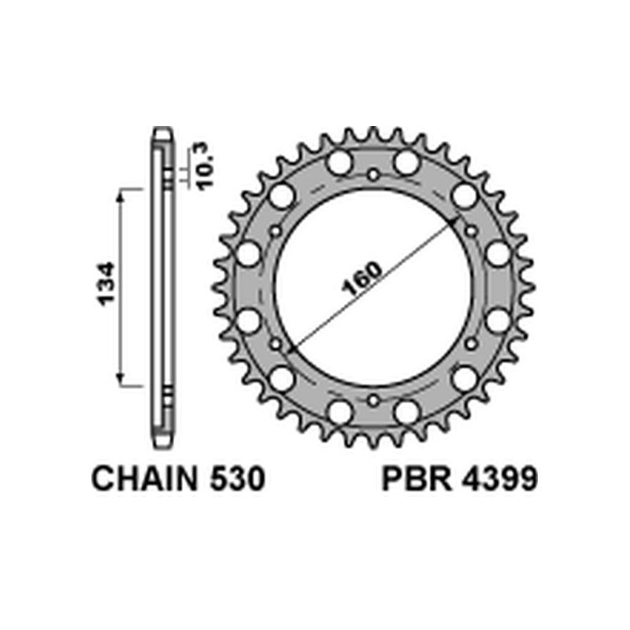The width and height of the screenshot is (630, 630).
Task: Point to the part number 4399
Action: coord(502,478)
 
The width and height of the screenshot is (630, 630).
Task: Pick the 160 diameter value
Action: coord(363,276)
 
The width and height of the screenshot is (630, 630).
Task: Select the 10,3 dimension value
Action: coord(206,167)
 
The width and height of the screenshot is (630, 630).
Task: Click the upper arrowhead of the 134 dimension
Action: coord(120,194)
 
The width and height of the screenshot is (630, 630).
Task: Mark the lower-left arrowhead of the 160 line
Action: coord(291,349)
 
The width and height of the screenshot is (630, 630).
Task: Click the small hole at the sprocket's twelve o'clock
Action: coord(373,174)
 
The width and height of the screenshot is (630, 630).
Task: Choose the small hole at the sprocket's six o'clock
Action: coord(373,401)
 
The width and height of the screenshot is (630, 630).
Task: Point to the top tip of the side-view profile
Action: coord(161,131)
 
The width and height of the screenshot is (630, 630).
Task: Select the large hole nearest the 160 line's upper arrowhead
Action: coord(465,195)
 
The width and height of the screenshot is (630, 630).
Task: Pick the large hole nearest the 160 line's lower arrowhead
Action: coord(281,379)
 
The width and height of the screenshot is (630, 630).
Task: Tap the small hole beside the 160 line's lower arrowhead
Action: coord(276,344)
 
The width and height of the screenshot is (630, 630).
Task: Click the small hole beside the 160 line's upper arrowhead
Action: coord(471,231)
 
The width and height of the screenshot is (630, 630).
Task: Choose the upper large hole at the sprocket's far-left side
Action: coord(249,254)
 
